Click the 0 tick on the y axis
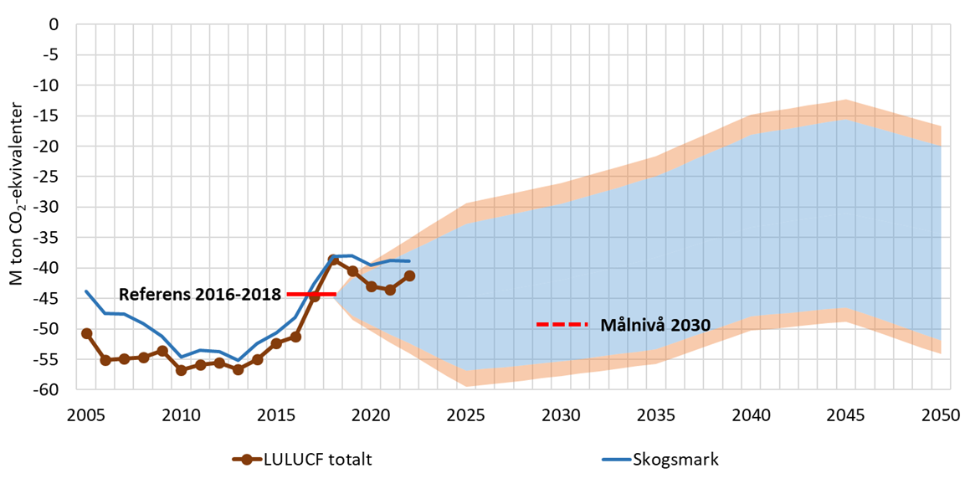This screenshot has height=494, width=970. pos(55,24)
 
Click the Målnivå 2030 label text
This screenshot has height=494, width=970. pos(655,325)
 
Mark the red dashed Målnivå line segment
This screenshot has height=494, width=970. pos(562,324)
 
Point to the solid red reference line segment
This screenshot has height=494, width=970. pos(311,294)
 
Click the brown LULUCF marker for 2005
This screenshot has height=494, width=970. pos(86,333)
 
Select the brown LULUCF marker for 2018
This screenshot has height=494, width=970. pos(333,260)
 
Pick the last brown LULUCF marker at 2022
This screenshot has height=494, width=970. pos(409,275)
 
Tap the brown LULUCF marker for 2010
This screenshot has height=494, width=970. pos(181,370)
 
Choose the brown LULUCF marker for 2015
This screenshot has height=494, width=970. pos(276,343)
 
